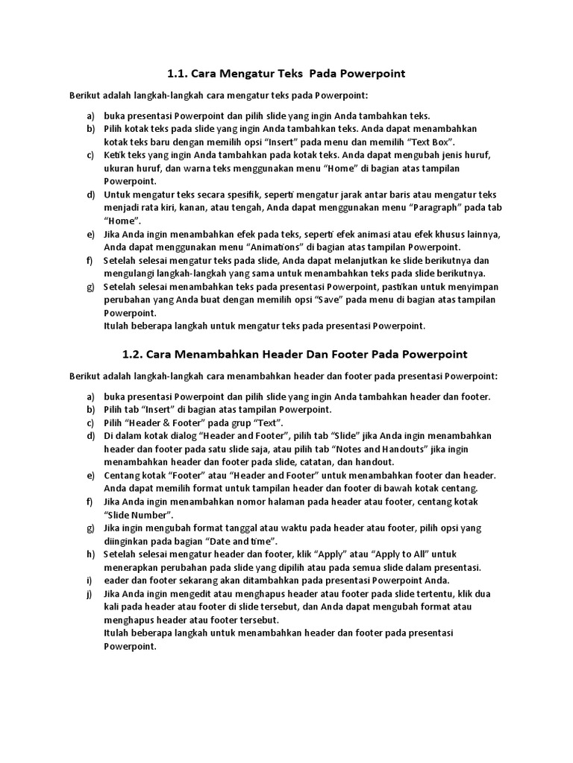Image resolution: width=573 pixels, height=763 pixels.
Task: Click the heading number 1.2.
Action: [x=132, y=353]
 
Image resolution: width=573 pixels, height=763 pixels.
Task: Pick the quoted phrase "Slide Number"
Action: [x=139, y=515]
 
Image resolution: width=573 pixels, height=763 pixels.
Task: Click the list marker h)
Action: [x=90, y=554]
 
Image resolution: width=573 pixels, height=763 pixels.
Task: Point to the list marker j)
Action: [x=90, y=594]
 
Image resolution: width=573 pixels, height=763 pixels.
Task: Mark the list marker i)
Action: [x=89, y=580]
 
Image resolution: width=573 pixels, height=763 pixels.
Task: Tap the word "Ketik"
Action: [x=116, y=155]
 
